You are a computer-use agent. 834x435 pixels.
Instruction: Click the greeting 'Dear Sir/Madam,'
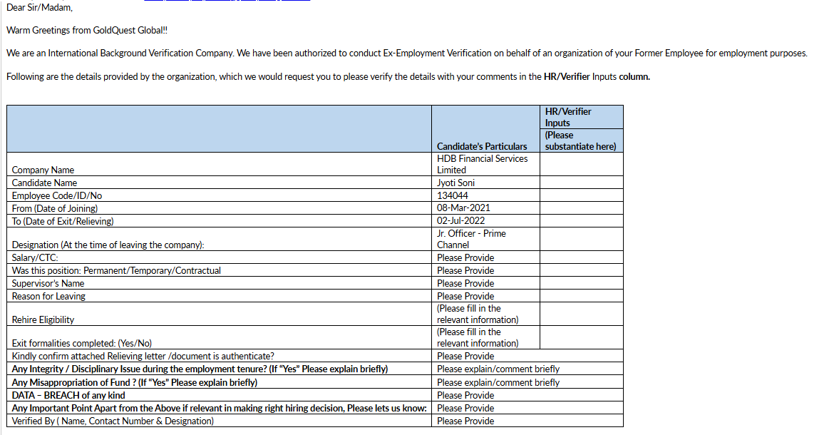tap(39, 8)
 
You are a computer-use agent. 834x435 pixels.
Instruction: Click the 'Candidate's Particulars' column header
tap(482, 146)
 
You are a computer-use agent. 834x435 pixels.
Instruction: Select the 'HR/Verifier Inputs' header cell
tap(568, 117)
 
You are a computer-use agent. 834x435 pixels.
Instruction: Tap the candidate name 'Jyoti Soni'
tap(456, 183)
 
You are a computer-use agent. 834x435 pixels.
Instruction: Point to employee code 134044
tap(453, 195)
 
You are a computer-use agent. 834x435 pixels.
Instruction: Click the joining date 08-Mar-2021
tap(463, 208)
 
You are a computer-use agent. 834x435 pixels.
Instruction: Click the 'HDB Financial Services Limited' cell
tap(482, 164)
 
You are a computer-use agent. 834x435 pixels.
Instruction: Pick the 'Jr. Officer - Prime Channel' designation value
tap(471, 239)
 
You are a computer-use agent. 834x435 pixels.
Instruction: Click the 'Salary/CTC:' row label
tap(35, 257)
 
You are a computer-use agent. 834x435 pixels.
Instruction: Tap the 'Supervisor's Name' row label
tap(48, 283)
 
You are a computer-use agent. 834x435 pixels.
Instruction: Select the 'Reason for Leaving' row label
tap(48, 296)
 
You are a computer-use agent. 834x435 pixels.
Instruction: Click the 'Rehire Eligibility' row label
tap(43, 319)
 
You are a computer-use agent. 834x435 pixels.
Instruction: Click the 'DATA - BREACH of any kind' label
tap(68, 395)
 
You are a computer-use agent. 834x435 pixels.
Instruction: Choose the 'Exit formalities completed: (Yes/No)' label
tap(82, 343)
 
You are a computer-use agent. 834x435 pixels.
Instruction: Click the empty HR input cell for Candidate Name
tap(581, 183)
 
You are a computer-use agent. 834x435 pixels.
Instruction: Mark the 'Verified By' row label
tap(113, 421)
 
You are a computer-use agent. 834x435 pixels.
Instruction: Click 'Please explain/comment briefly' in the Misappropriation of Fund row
tap(498, 382)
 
